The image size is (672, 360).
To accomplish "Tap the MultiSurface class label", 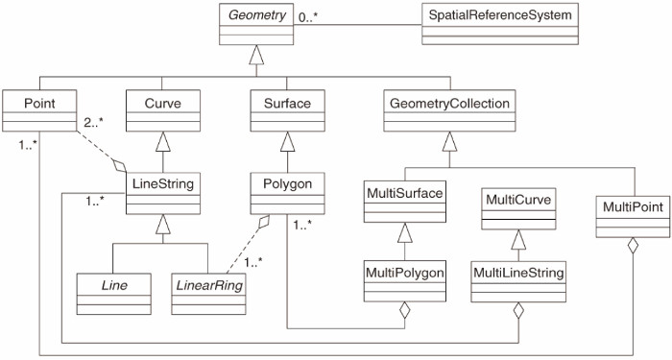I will (405, 194).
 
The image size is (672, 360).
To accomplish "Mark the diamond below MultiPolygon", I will (405, 310).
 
